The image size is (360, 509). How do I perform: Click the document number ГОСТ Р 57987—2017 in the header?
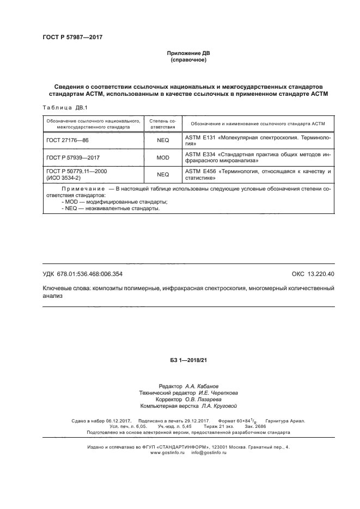[72, 37]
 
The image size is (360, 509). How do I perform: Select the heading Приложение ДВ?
[188, 53]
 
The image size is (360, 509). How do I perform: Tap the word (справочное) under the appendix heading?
[188, 60]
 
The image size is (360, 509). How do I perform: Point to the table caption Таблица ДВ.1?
[62, 107]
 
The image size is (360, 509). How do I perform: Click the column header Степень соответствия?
[163, 123]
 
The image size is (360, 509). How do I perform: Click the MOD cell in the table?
[163, 157]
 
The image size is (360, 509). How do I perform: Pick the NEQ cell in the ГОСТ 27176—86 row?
[163, 140]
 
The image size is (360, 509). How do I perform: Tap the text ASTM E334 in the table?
[200, 155]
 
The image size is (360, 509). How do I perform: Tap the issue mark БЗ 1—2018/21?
[188, 360]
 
